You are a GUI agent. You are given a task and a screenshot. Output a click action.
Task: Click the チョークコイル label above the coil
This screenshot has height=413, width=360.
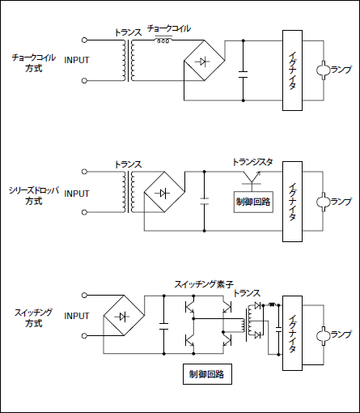(169, 28)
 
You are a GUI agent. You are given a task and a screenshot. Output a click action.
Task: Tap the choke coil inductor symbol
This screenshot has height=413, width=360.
(163, 40)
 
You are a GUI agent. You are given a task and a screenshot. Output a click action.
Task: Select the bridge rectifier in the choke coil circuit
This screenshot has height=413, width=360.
(204, 60)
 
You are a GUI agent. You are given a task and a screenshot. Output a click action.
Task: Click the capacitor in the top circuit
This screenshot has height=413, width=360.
(243, 75)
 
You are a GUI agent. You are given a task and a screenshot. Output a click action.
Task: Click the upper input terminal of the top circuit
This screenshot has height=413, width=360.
(84, 40)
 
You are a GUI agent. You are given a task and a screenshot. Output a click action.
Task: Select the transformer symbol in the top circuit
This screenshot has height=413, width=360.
(129, 60)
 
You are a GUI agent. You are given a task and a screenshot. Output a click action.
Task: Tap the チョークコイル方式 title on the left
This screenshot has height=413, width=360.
(34, 62)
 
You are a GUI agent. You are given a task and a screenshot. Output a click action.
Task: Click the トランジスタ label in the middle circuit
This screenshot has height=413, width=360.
(252, 162)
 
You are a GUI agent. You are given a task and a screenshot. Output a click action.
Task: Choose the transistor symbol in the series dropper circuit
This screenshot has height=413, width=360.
(252, 177)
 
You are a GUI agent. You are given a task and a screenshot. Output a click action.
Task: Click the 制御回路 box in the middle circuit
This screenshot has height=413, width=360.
(253, 202)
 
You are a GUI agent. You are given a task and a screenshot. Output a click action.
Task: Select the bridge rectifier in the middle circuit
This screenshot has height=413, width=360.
(164, 192)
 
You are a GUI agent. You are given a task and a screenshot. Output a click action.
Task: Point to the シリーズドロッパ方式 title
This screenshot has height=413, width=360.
(34, 196)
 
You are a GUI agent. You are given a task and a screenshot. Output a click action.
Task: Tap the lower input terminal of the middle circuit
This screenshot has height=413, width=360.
(84, 212)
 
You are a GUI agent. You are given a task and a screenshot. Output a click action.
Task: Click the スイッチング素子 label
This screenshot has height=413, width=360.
(204, 284)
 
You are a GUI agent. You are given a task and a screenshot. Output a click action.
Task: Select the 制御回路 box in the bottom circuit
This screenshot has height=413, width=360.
(207, 374)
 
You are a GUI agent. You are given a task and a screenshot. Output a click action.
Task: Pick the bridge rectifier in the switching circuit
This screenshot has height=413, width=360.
(124, 316)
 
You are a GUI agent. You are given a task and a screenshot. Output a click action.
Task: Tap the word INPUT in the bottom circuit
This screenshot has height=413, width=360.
(77, 316)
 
